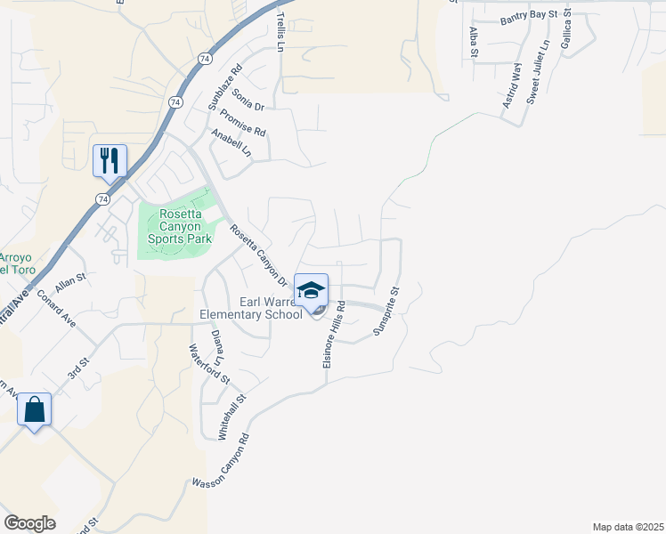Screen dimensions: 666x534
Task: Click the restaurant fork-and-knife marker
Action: [110, 161]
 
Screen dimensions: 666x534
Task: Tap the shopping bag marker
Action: [34, 410]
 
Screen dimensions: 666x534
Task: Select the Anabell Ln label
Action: [231, 144]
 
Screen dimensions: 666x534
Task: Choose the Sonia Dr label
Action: [248, 100]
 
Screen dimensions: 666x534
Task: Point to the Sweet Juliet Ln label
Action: [538, 72]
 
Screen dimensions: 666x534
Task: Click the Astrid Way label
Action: [510, 85]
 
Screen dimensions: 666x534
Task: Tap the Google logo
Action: [29, 523]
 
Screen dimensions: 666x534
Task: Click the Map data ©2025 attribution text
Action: [628, 527]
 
